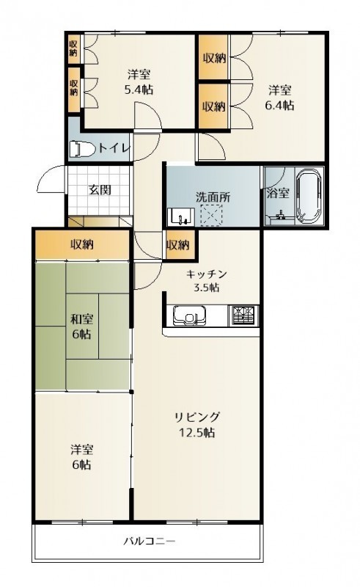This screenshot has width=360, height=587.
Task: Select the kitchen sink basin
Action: pyautogui.click(x=189, y=316)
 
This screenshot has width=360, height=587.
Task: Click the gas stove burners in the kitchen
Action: pyautogui.click(x=243, y=315)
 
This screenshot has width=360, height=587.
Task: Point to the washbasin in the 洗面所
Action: pyautogui.click(x=182, y=216)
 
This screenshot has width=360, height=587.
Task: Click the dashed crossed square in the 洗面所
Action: pyautogui.click(x=211, y=216)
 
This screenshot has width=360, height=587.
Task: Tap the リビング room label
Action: pyautogui.click(x=196, y=417)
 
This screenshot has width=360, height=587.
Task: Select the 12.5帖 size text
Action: pyautogui.click(x=196, y=433)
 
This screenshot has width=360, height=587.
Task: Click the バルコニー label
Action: pyautogui.click(x=150, y=541)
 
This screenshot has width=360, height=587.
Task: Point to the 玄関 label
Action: pyautogui.click(x=100, y=190)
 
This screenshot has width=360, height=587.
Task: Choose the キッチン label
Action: pyautogui.click(x=207, y=274)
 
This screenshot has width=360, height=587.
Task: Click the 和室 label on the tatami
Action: pyautogui.click(x=82, y=319)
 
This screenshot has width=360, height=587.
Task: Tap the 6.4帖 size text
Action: pyautogui.click(x=279, y=106)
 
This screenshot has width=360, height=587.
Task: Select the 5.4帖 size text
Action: pyautogui.click(x=139, y=90)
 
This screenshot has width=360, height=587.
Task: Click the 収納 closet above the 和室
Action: pyautogui.click(x=82, y=245)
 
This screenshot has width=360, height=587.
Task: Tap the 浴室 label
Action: pyautogui.click(x=278, y=193)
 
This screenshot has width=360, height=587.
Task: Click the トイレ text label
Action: pyautogui.click(x=114, y=148)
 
